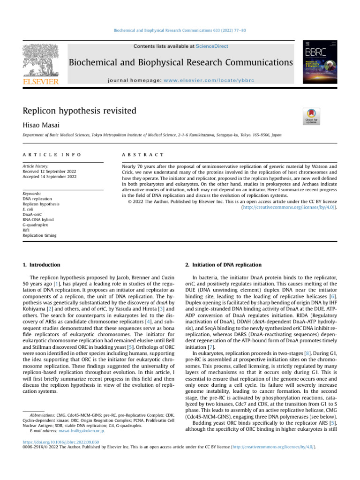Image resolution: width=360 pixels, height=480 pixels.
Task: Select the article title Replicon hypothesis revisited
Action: (79, 111)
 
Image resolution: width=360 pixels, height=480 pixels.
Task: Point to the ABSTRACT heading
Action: (142, 154)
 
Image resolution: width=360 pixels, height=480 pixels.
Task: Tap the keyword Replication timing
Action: (39, 236)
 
